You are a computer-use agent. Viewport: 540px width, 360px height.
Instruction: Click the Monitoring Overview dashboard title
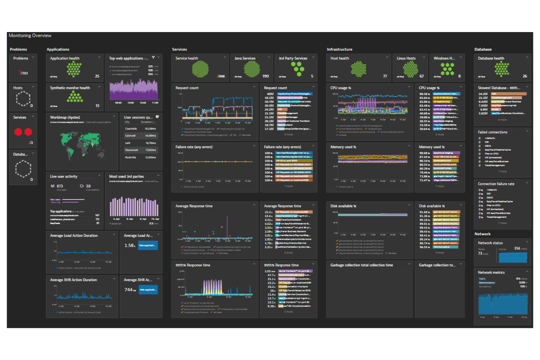30,36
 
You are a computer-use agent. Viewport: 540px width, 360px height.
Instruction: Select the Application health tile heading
65,58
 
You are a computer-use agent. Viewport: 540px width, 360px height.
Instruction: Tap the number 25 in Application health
97,76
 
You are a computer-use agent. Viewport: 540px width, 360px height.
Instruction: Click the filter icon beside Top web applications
153,58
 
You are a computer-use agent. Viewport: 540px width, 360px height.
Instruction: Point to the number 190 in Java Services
266,76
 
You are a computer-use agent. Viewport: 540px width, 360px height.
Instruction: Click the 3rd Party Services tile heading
293,58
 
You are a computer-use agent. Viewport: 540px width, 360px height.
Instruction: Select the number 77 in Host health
385,76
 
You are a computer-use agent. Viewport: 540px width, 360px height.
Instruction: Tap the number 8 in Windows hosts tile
459,76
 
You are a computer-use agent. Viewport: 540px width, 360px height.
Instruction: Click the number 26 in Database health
525,76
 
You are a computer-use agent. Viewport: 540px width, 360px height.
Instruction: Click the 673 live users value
60,186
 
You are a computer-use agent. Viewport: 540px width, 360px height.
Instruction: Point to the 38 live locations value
88,186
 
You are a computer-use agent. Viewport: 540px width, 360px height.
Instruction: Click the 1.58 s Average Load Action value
130,245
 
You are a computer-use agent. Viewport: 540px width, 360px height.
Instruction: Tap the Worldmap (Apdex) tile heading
65,117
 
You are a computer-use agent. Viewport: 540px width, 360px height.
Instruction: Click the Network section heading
482,234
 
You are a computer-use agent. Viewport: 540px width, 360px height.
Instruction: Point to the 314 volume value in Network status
517,248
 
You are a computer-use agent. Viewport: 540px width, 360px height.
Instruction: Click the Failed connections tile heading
493,132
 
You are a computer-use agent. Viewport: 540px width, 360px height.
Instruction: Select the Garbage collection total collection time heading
362,265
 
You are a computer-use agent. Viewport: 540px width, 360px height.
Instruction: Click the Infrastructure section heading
339,49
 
